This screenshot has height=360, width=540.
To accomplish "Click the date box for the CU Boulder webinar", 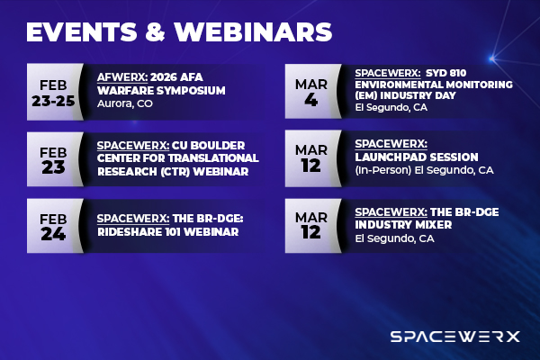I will [55, 156].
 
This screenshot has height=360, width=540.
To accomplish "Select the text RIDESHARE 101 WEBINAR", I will [167, 231].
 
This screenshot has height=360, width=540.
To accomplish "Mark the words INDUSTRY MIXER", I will [400, 225].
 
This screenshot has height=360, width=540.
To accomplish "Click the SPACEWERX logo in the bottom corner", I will [454, 337].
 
